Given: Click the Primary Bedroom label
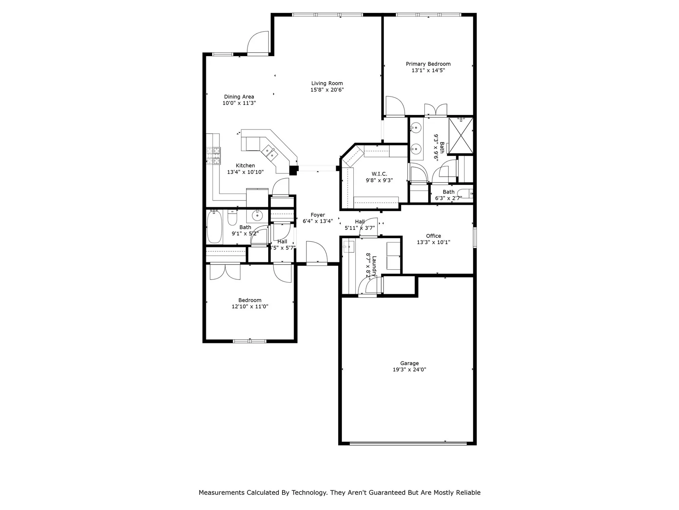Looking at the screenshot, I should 428,64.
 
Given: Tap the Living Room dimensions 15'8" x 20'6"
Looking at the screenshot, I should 327,90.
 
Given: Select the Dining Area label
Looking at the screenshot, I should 239,97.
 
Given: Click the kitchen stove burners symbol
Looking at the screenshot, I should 214,156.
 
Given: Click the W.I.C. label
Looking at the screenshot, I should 379,174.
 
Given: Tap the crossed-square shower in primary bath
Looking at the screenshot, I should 461,135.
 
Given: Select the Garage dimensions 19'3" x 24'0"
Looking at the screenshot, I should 409,370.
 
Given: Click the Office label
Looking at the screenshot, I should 434,236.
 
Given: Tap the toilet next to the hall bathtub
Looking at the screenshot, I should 232,219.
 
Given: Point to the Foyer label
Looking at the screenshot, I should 318,215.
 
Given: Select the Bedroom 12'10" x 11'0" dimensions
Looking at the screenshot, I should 250,306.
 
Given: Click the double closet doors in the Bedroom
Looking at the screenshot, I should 225,272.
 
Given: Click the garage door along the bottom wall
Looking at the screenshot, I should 408,443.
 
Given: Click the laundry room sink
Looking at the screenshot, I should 348,247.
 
